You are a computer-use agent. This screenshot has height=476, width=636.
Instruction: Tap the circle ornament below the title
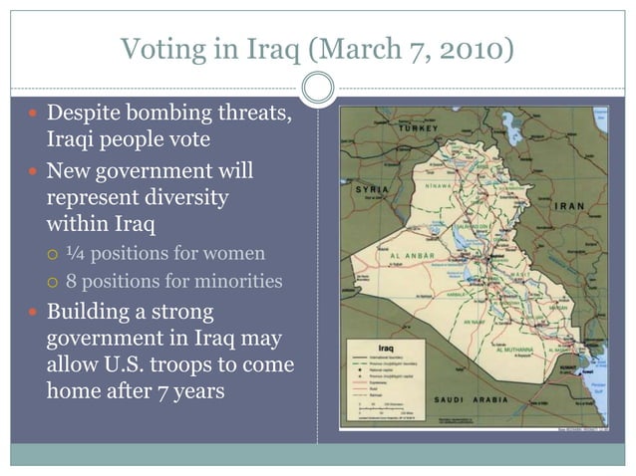point(317,89)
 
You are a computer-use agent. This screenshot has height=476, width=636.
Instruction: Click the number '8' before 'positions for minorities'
point(71,282)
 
